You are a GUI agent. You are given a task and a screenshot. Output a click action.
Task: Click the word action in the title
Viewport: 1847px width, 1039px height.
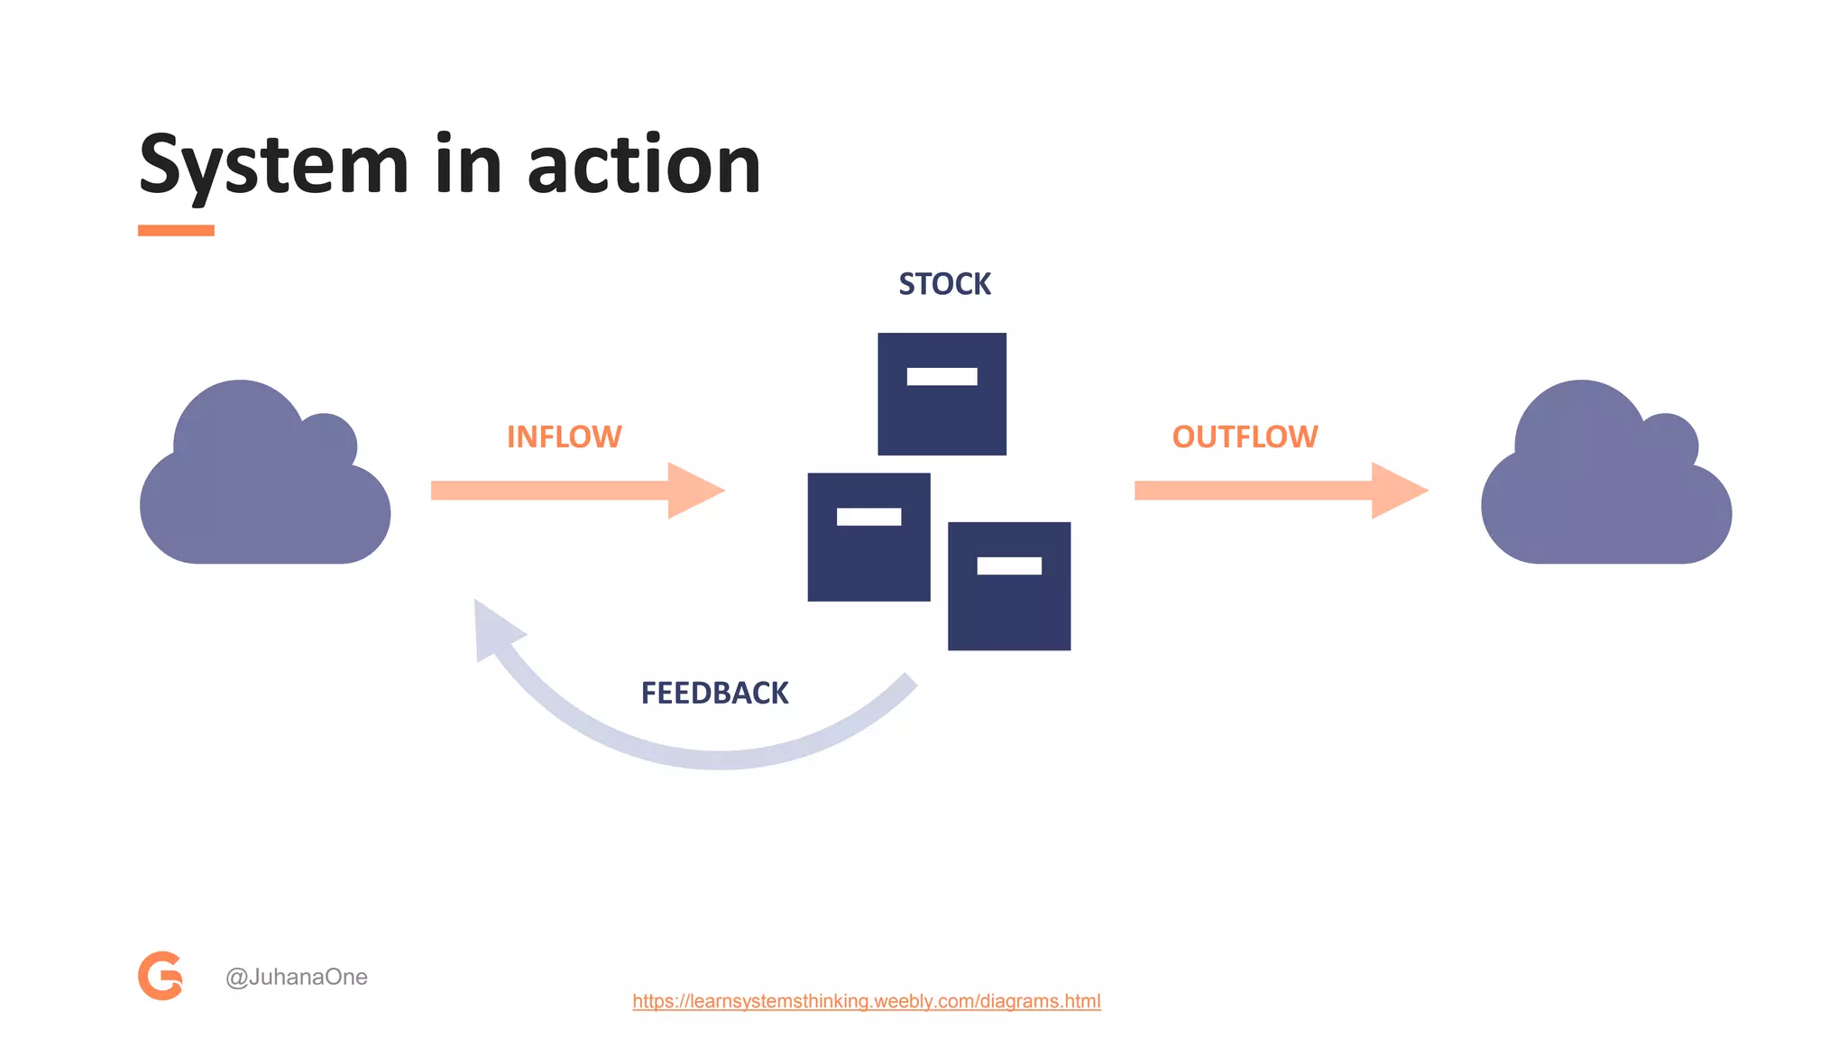644,166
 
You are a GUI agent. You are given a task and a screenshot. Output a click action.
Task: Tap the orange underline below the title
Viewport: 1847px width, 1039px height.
176,231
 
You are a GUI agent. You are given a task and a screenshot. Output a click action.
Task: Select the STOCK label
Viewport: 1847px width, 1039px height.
944,284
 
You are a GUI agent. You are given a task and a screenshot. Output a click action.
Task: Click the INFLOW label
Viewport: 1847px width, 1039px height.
564,437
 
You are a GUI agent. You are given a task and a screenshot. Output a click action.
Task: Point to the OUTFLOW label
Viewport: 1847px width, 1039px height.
1245,437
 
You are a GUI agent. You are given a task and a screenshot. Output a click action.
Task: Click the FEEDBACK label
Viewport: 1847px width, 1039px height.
714,693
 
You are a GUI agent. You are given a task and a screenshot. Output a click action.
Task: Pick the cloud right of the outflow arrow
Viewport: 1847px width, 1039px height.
1605,487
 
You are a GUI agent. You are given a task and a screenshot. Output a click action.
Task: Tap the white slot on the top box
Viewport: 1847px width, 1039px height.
942,377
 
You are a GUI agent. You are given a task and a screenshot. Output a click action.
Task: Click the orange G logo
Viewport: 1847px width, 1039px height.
161,976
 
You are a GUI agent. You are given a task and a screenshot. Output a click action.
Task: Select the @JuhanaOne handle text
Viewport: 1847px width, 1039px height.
296,977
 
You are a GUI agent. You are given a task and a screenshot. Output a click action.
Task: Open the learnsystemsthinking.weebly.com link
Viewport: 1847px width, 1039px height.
866,1001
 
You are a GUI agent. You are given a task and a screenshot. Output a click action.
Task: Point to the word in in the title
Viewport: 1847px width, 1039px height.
467,166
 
